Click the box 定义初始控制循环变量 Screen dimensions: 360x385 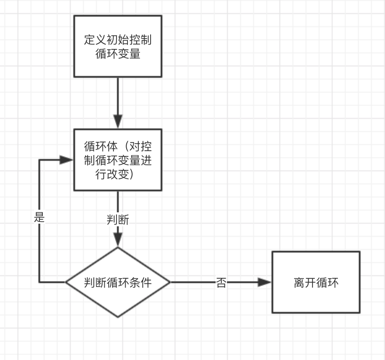pyautogui.click(x=118, y=46)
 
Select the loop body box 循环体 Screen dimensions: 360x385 pyautogui.click(x=118, y=160)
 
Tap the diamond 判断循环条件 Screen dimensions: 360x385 pyautogui.click(x=118, y=282)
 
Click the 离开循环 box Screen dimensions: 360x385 pyautogui.click(x=316, y=282)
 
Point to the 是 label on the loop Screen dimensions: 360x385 pyautogui.click(x=40, y=218)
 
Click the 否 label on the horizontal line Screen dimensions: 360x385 pyautogui.click(x=221, y=283)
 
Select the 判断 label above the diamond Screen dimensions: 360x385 pyautogui.click(x=118, y=220)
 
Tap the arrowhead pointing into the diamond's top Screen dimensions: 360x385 pyautogui.click(x=118, y=240)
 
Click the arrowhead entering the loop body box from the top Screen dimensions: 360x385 pyautogui.click(x=118, y=121)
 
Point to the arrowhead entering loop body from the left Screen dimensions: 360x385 pyautogui.click(x=66, y=160)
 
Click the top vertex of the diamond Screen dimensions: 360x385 pyautogui.click(x=118, y=248)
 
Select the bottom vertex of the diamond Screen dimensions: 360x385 pyautogui.click(x=118, y=317)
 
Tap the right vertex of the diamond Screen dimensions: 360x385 pyautogui.click(x=170, y=282)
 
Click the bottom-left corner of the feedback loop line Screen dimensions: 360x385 pyautogui.click(x=40, y=282)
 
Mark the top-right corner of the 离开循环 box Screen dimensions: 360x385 pyautogui.click(x=360, y=252)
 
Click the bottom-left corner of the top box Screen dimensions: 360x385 pyautogui.click(x=74, y=77)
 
